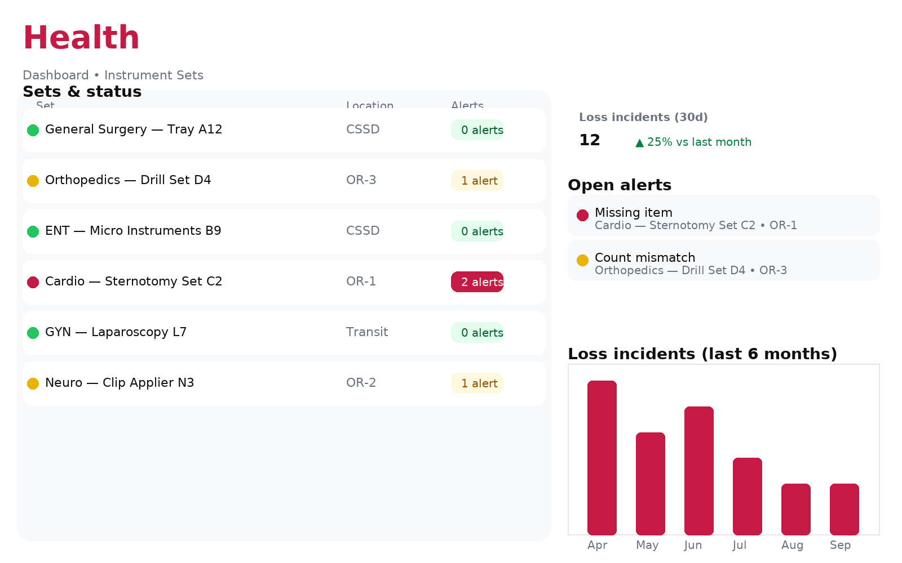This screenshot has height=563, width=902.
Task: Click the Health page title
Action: (x=81, y=38)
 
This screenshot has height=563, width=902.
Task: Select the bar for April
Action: (x=602, y=458)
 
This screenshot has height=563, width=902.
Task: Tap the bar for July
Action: (x=748, y=496)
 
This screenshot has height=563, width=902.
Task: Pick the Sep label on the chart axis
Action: (x=840, y=545)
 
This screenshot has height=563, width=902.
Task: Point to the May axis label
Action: (x=647, y=545)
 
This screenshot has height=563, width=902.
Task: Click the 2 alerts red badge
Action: (x=477, y=282)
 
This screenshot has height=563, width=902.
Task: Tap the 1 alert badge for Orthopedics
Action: (x=477, y=181)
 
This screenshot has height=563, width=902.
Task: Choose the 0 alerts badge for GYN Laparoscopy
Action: (x=477, y=333)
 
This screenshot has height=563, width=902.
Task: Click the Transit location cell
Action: (x=367, y=332)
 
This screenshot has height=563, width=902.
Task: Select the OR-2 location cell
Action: (x=361, y=383)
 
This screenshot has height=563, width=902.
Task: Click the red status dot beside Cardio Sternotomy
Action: (x=33, y=282)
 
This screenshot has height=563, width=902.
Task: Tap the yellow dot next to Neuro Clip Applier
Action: (x=33, y=383)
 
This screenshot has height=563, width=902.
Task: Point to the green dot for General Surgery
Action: (x=33, y=130)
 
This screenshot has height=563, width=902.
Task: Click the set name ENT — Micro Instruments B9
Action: (x=133, y=231)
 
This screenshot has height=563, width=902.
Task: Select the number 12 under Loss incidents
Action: (x=590, y=140)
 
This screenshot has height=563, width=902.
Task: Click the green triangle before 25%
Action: (x=639, y=143)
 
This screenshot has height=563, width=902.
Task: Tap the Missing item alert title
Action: (x=634, y=213)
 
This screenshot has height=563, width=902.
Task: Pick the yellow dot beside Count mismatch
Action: (x=583, y=260)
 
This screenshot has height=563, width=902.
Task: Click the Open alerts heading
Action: (x=620, y=185)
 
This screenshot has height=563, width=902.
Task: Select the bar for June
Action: (x=699, y=471)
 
